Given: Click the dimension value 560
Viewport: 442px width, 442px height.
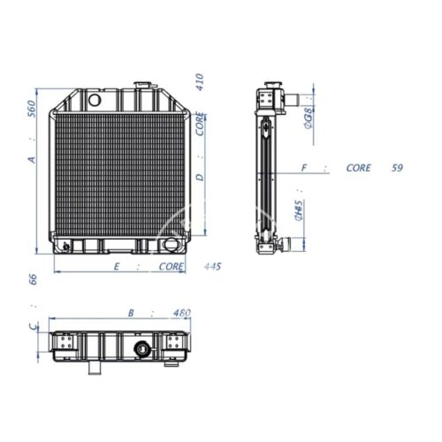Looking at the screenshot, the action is (32, 109).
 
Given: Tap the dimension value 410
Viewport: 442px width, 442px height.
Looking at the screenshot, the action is (200, 82).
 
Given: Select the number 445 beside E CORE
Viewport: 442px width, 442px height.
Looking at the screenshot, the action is (212, 266).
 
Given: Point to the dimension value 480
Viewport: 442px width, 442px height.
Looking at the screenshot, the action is (181, 313).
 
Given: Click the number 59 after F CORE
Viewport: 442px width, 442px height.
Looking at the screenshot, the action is (397, 168).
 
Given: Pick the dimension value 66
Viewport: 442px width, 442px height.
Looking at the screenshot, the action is (33, 279).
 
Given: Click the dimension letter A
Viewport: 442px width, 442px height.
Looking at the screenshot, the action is (32, 160).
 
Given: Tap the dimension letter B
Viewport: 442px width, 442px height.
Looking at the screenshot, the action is (131, 313).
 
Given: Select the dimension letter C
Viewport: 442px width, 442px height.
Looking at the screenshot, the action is (34, 326).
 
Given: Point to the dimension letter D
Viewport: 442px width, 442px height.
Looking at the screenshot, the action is (200, 178).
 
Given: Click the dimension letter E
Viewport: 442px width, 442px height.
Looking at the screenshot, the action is (117, 267).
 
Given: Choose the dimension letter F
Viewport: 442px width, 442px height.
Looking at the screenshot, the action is (304, 168).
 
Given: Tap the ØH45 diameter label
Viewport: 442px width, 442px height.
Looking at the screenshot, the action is (299, 210).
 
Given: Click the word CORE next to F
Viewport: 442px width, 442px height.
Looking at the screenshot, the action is (358, 168).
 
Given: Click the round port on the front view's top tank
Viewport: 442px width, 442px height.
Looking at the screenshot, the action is (95, 100).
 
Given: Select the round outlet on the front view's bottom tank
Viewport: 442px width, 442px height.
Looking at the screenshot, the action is (171, 245).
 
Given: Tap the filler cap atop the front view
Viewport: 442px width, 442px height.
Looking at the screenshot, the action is (142, 85).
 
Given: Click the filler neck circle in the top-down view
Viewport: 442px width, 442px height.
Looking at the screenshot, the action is (142, 349).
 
